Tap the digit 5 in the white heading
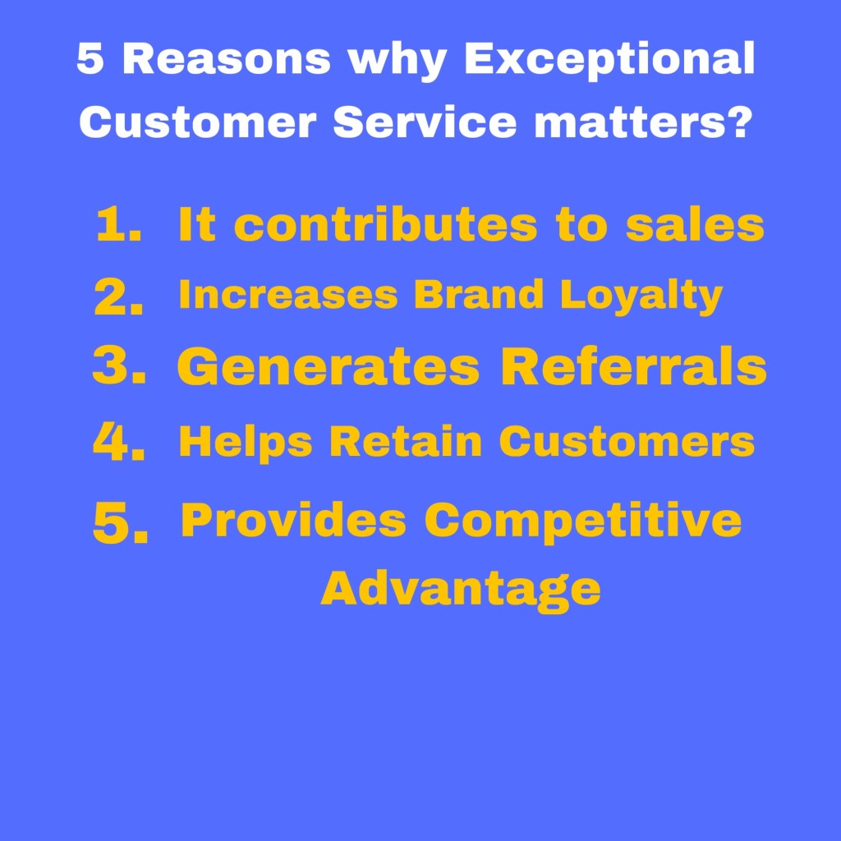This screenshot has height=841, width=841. (90, 59)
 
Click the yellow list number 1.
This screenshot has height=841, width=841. (117, 225)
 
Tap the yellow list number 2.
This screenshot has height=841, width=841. (118, 298)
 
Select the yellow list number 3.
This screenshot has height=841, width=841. (118, 368)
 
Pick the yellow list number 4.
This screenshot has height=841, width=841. (118, 443)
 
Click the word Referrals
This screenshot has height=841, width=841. (633, 367)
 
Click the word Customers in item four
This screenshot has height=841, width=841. (627, 442)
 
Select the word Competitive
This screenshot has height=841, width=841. (583, 521)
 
